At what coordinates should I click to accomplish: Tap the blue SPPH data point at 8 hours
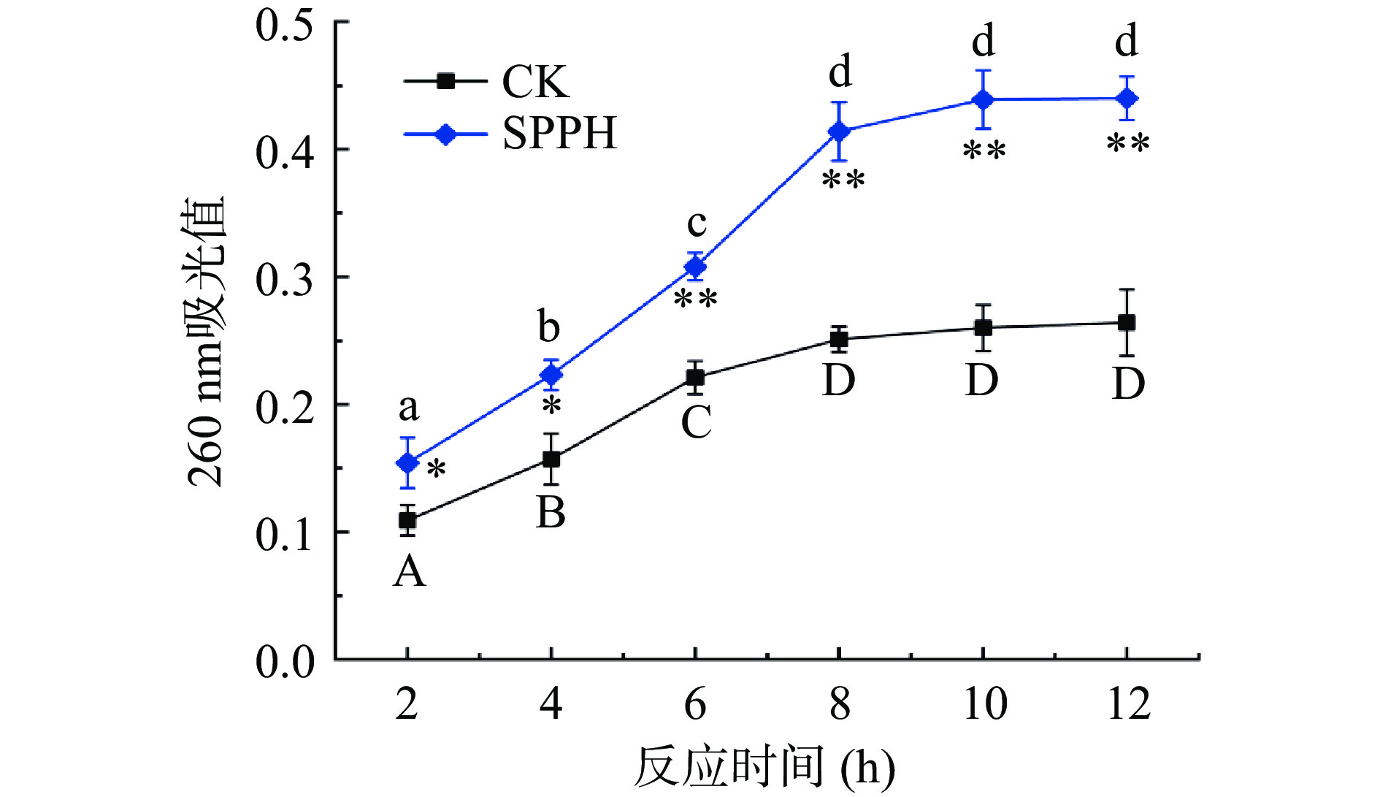click(x=840, y=131)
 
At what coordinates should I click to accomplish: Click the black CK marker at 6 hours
click(x=696, y=378)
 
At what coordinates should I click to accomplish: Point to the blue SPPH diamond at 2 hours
click(x=407, y=462)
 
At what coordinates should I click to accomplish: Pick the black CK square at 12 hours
click(x=1127, y=323)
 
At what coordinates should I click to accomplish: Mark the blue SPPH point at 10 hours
click(x=984, y=99)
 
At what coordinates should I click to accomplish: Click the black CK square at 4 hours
click(x=551, y=459)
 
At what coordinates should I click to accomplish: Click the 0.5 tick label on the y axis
click(x=285, y=24)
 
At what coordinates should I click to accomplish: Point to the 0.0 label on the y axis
click(x=285, y=662)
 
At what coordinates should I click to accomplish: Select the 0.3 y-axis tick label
click(x=285, y=279)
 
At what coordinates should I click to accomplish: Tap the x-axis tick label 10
click(x=984, y=704)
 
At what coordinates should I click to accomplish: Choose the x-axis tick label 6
click(x=695, y=704)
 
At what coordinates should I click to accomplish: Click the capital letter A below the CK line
click(x=409, y=571)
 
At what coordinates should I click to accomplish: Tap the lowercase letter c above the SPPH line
click(x=697, y=223)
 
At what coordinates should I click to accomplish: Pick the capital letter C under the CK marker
click(x=696, y=422)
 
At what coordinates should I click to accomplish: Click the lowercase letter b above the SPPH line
click(x=549, y=327)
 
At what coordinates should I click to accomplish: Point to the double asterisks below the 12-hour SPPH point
click(x=1128, y=144)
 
